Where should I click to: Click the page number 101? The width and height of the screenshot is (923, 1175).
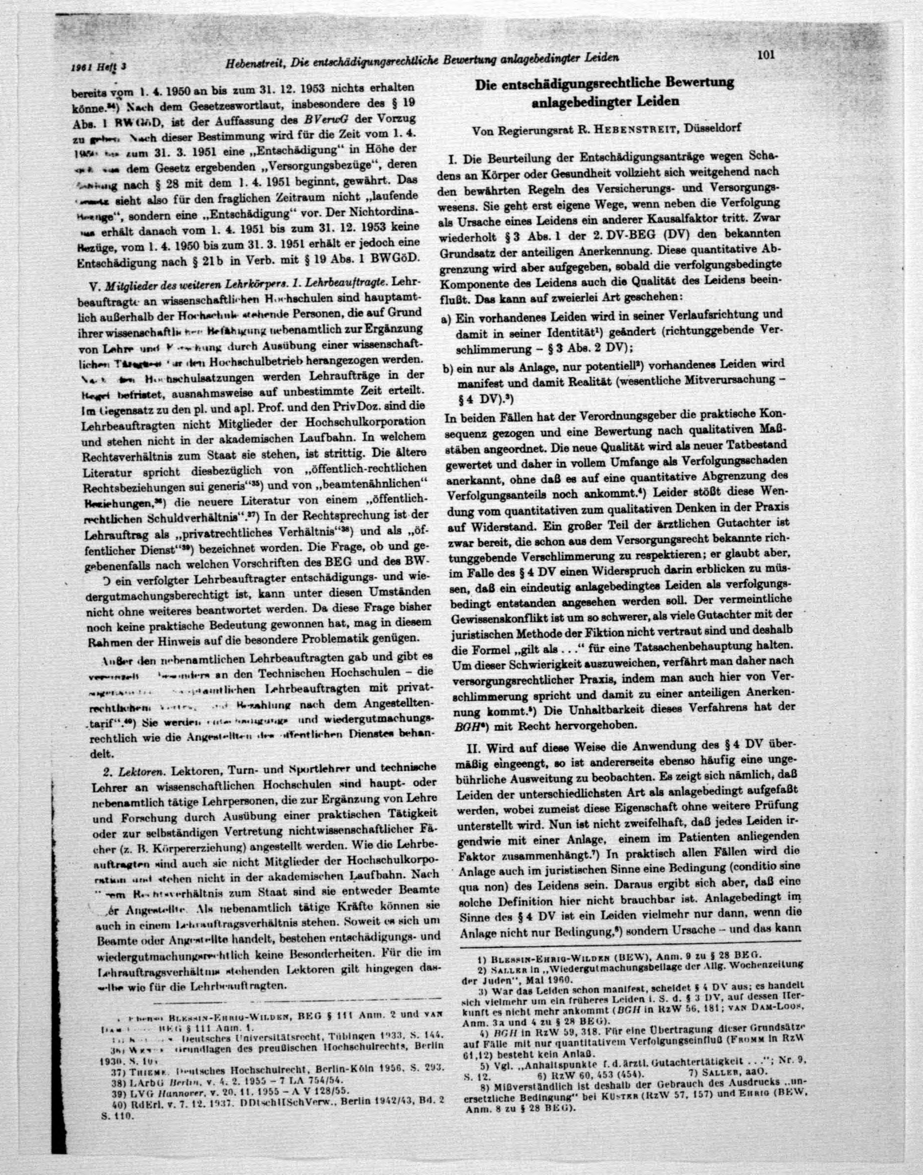[x=767, y=55]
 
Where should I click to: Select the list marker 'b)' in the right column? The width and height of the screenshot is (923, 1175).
[x=447, y=369]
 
